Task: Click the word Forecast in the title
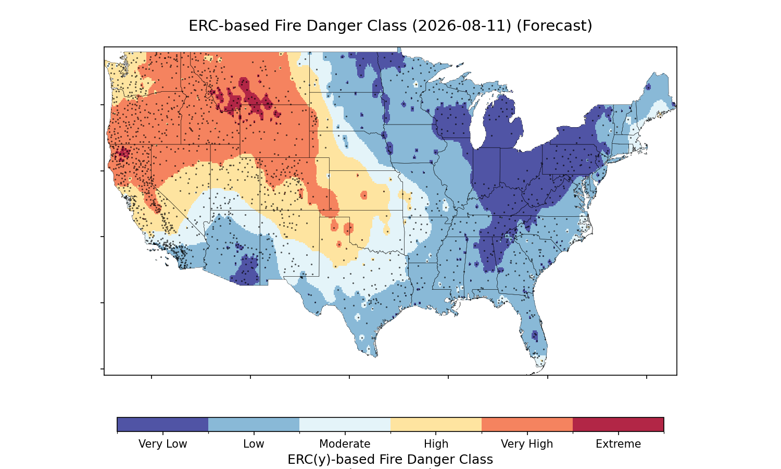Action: tap(555, 26)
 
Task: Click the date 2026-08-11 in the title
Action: tap(462, 26)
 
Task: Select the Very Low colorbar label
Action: tap(163, 444)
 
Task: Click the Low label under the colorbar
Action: tap(254, 444)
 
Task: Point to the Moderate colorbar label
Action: tap(345, 444)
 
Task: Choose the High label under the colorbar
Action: tap(436, 444)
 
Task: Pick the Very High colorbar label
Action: tap(527, 444)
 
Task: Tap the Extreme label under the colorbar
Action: tap(618, 444)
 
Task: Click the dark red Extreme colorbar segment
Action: tap(618, 424)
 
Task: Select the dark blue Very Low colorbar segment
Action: tap(163, 424)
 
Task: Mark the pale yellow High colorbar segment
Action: tap(436, 424)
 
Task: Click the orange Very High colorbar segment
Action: tap(527, 424)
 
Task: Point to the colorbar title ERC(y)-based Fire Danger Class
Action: tap(391, 459)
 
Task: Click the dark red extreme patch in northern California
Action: tap(122, 154)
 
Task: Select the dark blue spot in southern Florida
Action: tap(535, 336)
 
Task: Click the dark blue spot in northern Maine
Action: tap(648, 87)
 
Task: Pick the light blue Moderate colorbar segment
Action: tap(345, 424)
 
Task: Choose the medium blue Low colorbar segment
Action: tap(254, 424)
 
